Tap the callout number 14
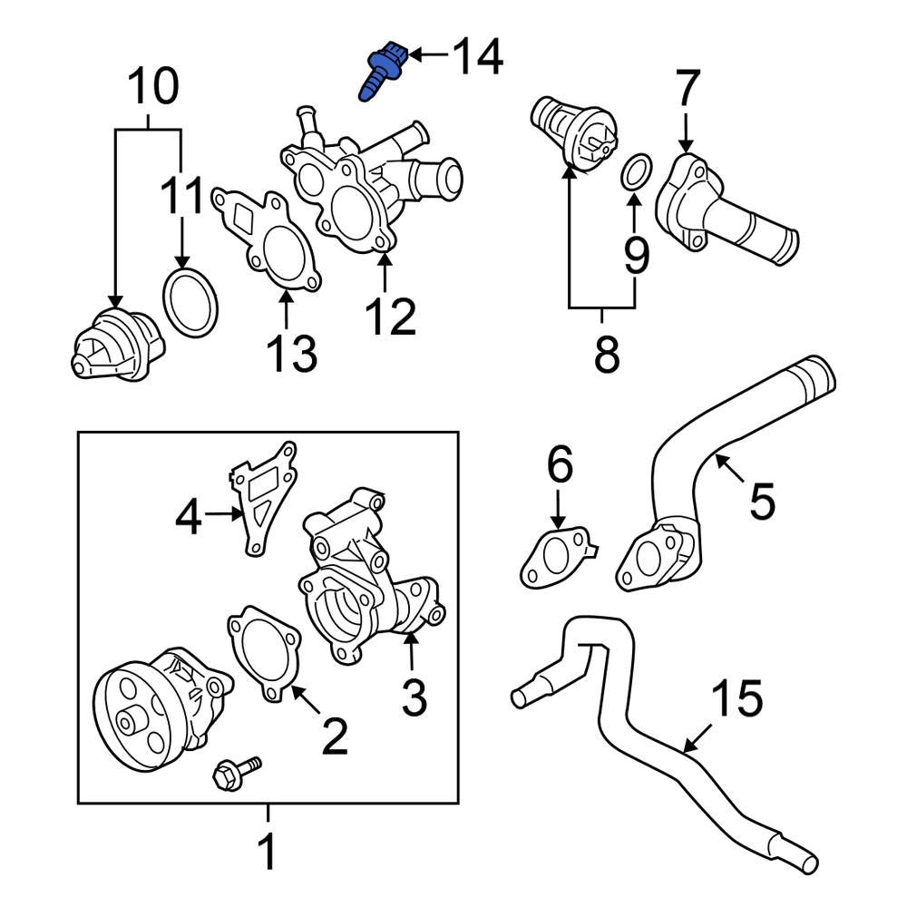[477, 56]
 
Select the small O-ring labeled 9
[638, 172]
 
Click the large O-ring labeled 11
[190, 301]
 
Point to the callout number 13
[292, 353]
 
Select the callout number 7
[688, 91]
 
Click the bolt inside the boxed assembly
[234, 772]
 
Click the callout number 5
[762, 501]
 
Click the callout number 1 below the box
[268, 853]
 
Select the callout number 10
[152, 88]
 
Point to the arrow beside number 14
[426, 56]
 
